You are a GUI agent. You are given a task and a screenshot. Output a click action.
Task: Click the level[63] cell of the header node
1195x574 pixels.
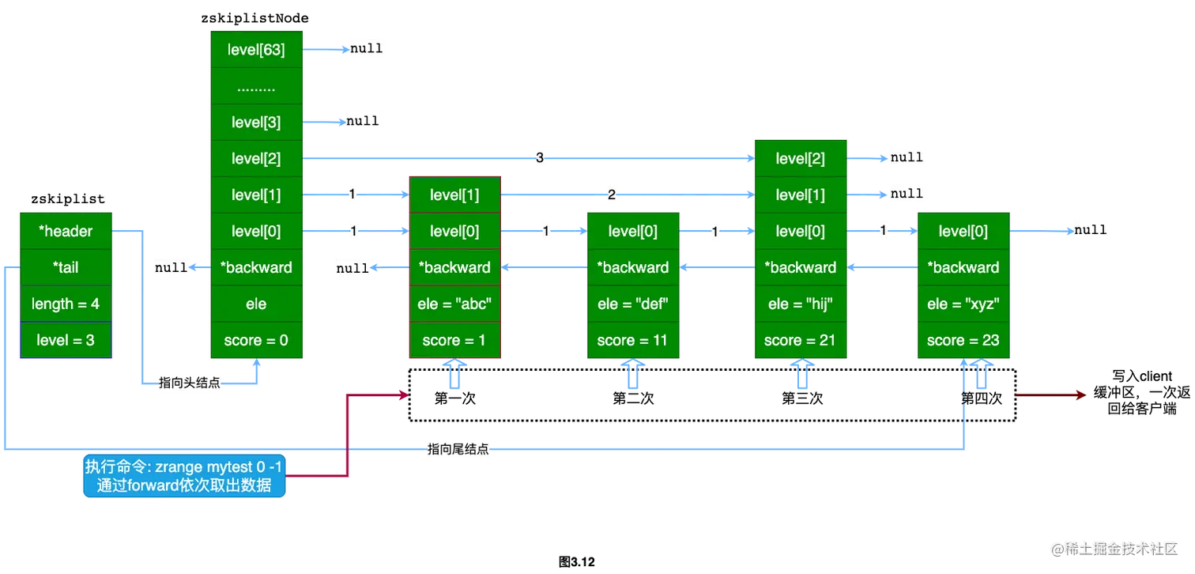pyautogui.click(x=256, y=49)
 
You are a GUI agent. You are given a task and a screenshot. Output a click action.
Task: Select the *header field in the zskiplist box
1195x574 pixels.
pyautogui.click(x=66, y=231)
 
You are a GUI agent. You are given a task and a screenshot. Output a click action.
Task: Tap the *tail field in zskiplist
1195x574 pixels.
pyautogui.click(x=66, y=267)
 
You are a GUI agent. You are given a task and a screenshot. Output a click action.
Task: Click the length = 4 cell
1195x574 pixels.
pyautogui.click(x=66, y=304)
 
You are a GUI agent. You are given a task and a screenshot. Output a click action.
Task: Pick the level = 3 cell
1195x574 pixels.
pyautogui.click(x=66, y=340)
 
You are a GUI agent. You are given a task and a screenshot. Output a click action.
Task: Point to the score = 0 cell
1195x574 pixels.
pyautogui.click(x=256, y=340)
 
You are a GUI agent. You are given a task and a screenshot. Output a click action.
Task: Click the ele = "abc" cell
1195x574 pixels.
pyautogui.click(x=454, y=304)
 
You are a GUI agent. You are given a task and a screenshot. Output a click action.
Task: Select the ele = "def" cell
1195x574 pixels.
pyautogui.click(x=632, y=304)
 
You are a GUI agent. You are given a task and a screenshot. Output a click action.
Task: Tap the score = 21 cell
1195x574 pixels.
pyautogui.click(x=800, y=340)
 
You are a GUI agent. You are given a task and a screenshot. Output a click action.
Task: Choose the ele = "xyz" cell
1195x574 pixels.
pyautogui.click(x=963, y=304)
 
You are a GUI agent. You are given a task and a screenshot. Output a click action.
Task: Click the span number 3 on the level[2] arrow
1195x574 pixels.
pyautogui.click(x=539, y=158)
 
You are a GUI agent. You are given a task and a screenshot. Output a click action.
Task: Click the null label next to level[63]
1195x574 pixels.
pyautogui.click(x=366, y=49)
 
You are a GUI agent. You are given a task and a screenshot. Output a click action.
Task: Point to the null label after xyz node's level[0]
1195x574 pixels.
pyautogui.click(x=1090, y=230)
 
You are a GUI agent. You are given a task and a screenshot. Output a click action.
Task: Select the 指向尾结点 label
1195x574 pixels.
pyautogui.click(x=457, y=449)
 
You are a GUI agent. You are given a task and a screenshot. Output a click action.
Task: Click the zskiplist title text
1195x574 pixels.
pyautogui.click(x=66, y=199)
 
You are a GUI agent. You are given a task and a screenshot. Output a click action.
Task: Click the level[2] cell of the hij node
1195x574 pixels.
pyautogui.click(x=800, y=158)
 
